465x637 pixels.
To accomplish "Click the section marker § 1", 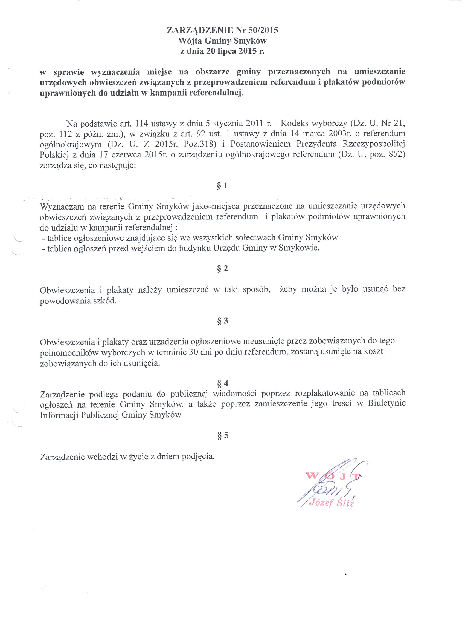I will coord(222,186).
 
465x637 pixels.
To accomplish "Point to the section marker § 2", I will coord(222,269).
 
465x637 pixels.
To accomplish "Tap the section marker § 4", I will coord(222,383).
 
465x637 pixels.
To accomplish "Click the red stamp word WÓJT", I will coord(333,476).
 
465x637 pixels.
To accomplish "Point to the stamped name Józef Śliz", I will coord(332,503).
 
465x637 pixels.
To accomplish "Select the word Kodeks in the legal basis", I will coord(295,124).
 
